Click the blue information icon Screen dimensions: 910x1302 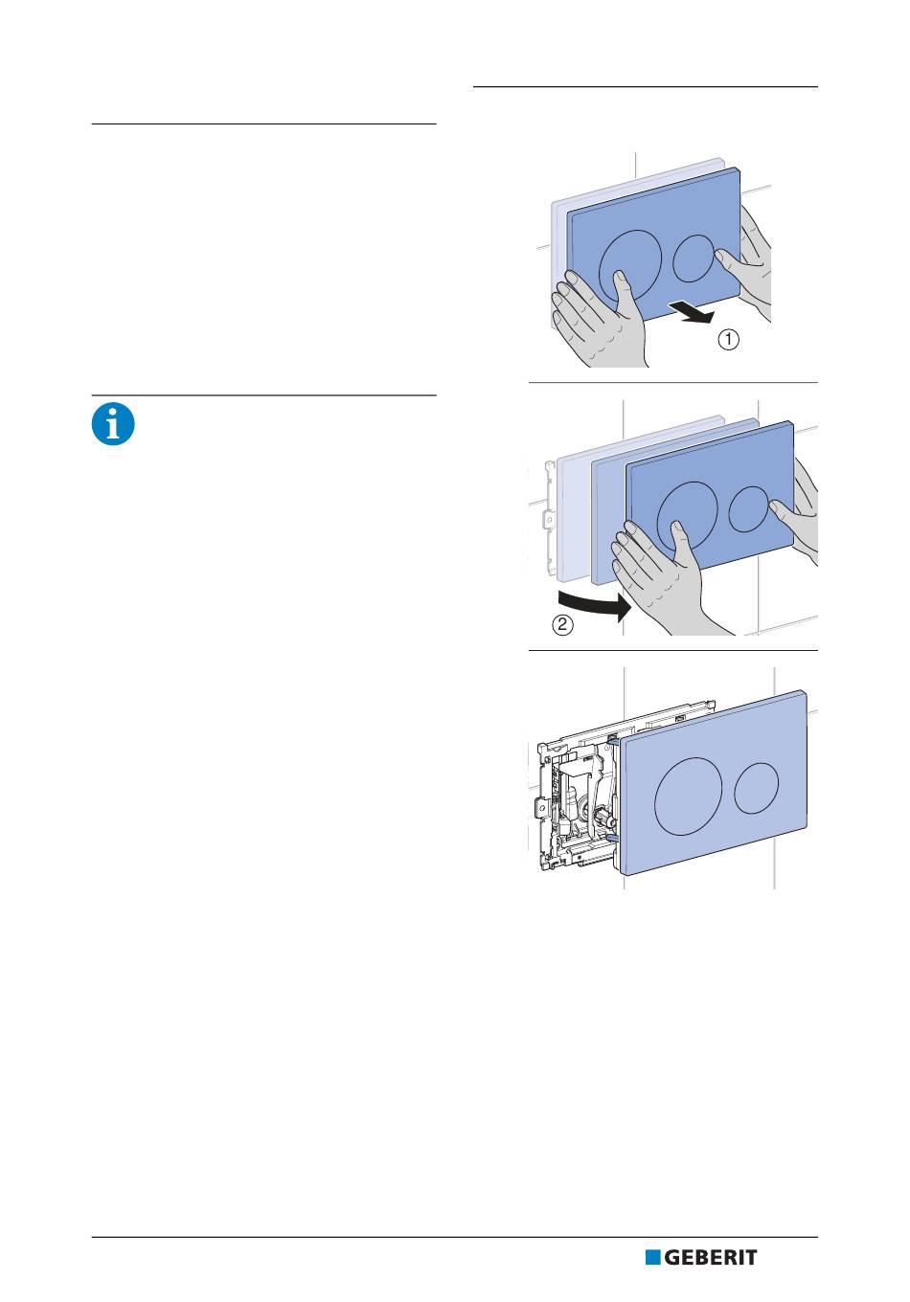(x=113, y=424)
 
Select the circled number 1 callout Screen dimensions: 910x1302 (x=729, y=339)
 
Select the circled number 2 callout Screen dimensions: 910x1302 (x=562, y=625)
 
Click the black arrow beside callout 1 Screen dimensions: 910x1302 (x=692, y=312)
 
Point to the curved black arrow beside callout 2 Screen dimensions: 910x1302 (x=594, y=604)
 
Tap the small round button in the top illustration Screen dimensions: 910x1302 (x=694, y=258)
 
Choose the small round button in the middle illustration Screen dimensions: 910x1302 (x=749, y=509)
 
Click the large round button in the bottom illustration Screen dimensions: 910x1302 (x=689, y=797)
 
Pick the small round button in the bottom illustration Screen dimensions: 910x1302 (x=756, y=788)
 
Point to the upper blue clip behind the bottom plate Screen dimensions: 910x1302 (x=613, y=739)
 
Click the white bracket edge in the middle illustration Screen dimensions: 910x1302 (x=548, y=517)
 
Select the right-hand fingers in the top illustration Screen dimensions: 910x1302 (x=747, y=261)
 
